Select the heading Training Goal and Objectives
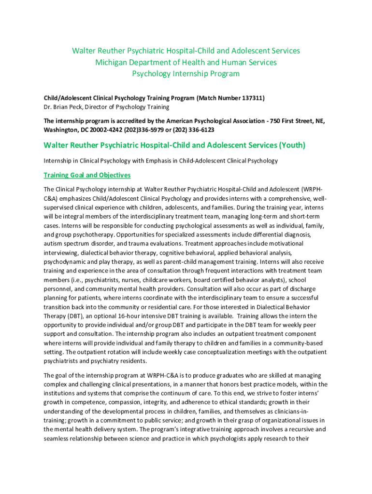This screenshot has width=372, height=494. pyautogui.click(x=87, y=175)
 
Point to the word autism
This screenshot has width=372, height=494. pyautogui.click(x=52, y=243)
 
